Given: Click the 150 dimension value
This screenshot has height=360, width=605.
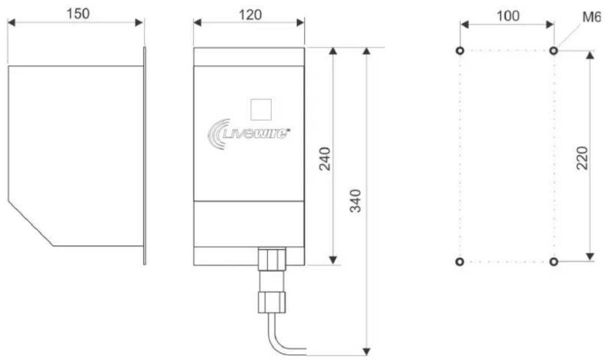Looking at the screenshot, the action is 78,14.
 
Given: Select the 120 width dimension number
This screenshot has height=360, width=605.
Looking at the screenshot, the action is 250,15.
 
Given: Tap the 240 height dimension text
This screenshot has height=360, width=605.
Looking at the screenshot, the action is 325,159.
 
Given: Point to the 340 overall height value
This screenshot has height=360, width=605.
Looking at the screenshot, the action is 355,201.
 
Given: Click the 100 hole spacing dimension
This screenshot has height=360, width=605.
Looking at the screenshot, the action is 508,16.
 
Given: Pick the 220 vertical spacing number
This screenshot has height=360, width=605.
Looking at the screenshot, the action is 582,158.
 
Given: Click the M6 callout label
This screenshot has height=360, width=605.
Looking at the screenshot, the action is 591,18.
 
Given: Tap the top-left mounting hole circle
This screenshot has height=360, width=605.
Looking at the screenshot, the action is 460,50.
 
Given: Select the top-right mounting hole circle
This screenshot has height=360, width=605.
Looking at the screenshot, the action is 553,50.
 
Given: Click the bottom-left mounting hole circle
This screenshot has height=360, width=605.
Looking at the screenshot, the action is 459,261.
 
